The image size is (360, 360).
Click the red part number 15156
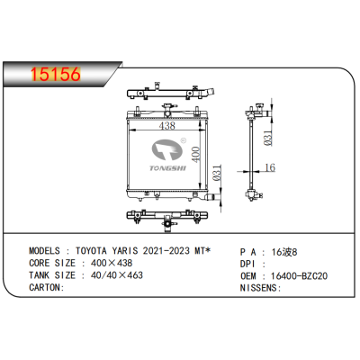[x=56, y=74]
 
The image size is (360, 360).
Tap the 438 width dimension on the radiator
[x=167, y=125]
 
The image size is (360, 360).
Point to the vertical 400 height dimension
[x=195, y=155]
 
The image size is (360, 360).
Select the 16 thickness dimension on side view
[x=270, y=167]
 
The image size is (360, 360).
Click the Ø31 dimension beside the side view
[x=268, y=138]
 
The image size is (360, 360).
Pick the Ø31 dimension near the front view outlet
[x=217, y=173]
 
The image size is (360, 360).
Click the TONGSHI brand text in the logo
[x=168, y=168]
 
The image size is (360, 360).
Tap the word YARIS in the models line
[x=125, y=250]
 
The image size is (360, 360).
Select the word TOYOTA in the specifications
[x=91, y=250]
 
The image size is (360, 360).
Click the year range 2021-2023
[x=166, y=250]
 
